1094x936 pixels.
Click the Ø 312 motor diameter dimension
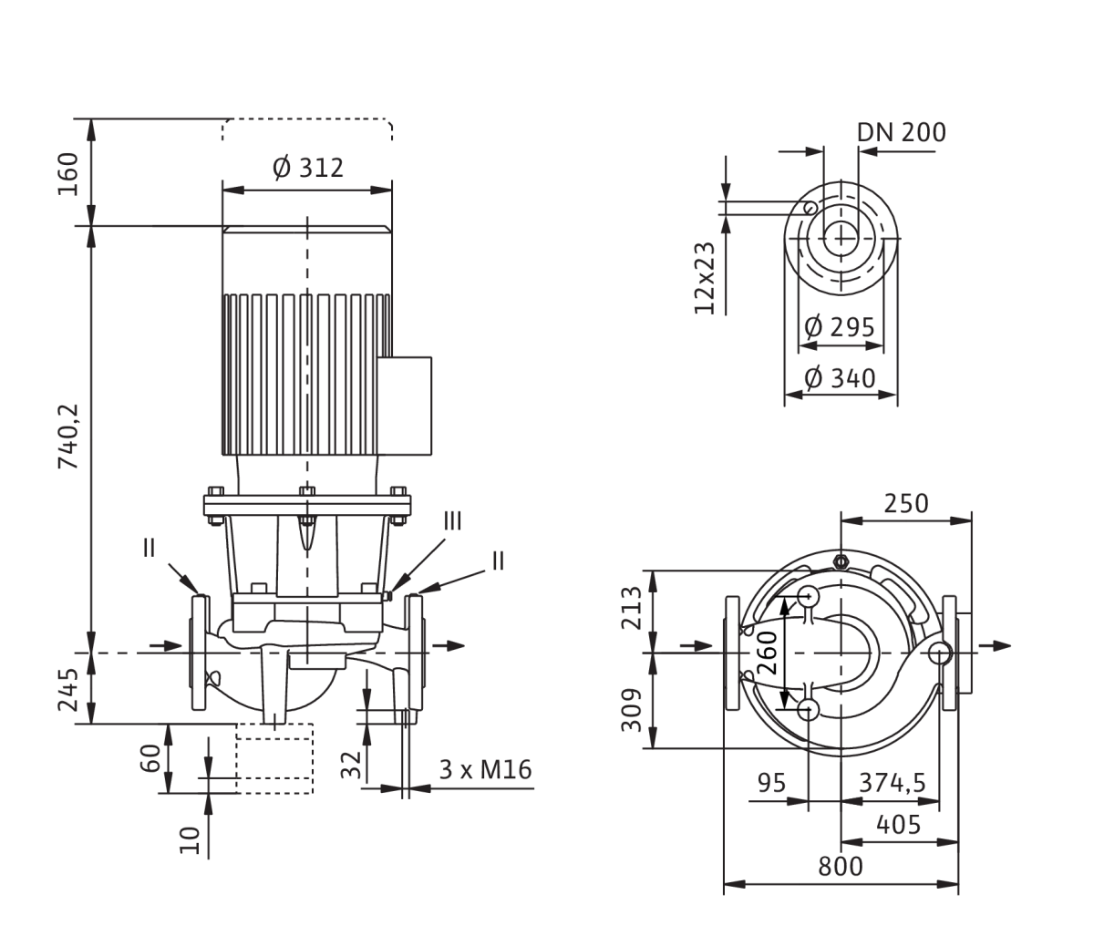tap(308, 169)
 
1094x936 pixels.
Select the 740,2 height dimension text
tap(67, 437)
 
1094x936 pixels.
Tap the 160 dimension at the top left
tap(67, 174)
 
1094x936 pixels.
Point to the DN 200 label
tap(901, 132)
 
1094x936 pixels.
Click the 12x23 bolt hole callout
tap(704, 278)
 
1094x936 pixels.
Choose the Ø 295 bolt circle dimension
tap(840, 327)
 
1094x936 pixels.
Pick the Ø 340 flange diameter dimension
tap(840, 378)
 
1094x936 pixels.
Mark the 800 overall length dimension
tap(841, 867)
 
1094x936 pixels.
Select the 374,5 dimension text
tap(893, 783)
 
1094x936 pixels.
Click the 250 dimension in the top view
tap(906, 504)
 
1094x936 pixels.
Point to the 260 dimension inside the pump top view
tap(768, 653)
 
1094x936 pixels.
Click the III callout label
tap(452, 521)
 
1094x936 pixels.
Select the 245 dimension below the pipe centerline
tap(67, 689)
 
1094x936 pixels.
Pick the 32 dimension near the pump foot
tap(350, 765)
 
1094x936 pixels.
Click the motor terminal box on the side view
tap(405, 406)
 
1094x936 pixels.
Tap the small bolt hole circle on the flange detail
tap(810, 208)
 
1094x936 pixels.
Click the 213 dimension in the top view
tap(631, 608)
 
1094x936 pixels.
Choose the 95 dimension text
tap(772, 783)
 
